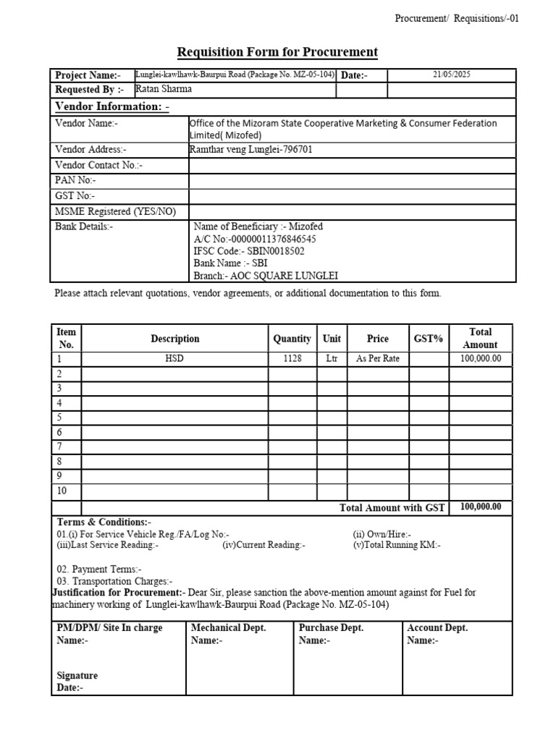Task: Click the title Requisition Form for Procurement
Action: pyautogui.click(x=278, y=52)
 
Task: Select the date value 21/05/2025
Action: pyautogui.click(x=452, y=75)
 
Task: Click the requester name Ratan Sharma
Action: pyautogui.click(x=164, y=90)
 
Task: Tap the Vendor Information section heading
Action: pyautogui.click(x=112, y=107)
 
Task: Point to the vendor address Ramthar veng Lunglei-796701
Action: pyautogui.click(x=250, y=150)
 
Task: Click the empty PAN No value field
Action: pyautogui.click(x=352, y=180)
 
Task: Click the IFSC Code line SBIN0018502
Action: pyautogui.click(x=248, y=251)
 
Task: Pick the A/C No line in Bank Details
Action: pyautogui.click(x=254, y=239)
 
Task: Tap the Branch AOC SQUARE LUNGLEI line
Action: pyautogui.click(x=266, y=276)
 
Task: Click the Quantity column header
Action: pyautogui.click(x=292, y=339)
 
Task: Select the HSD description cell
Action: pyautogui.click(x=174, y=359)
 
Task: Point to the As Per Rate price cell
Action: pyautogui.click(x=377, y=359)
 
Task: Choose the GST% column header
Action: pyautogui.click(x=428, y=339)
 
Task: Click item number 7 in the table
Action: pyautogui.click(x=59, y=446)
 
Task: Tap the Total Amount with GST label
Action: pyautogui.click(x=392, y=508)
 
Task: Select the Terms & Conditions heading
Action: pyautogui.click(x=104, y=522)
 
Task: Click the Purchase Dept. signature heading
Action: pyautogui.click(x=331, y=628)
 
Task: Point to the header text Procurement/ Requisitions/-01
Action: pyautogui.click(x=457, y=19)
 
